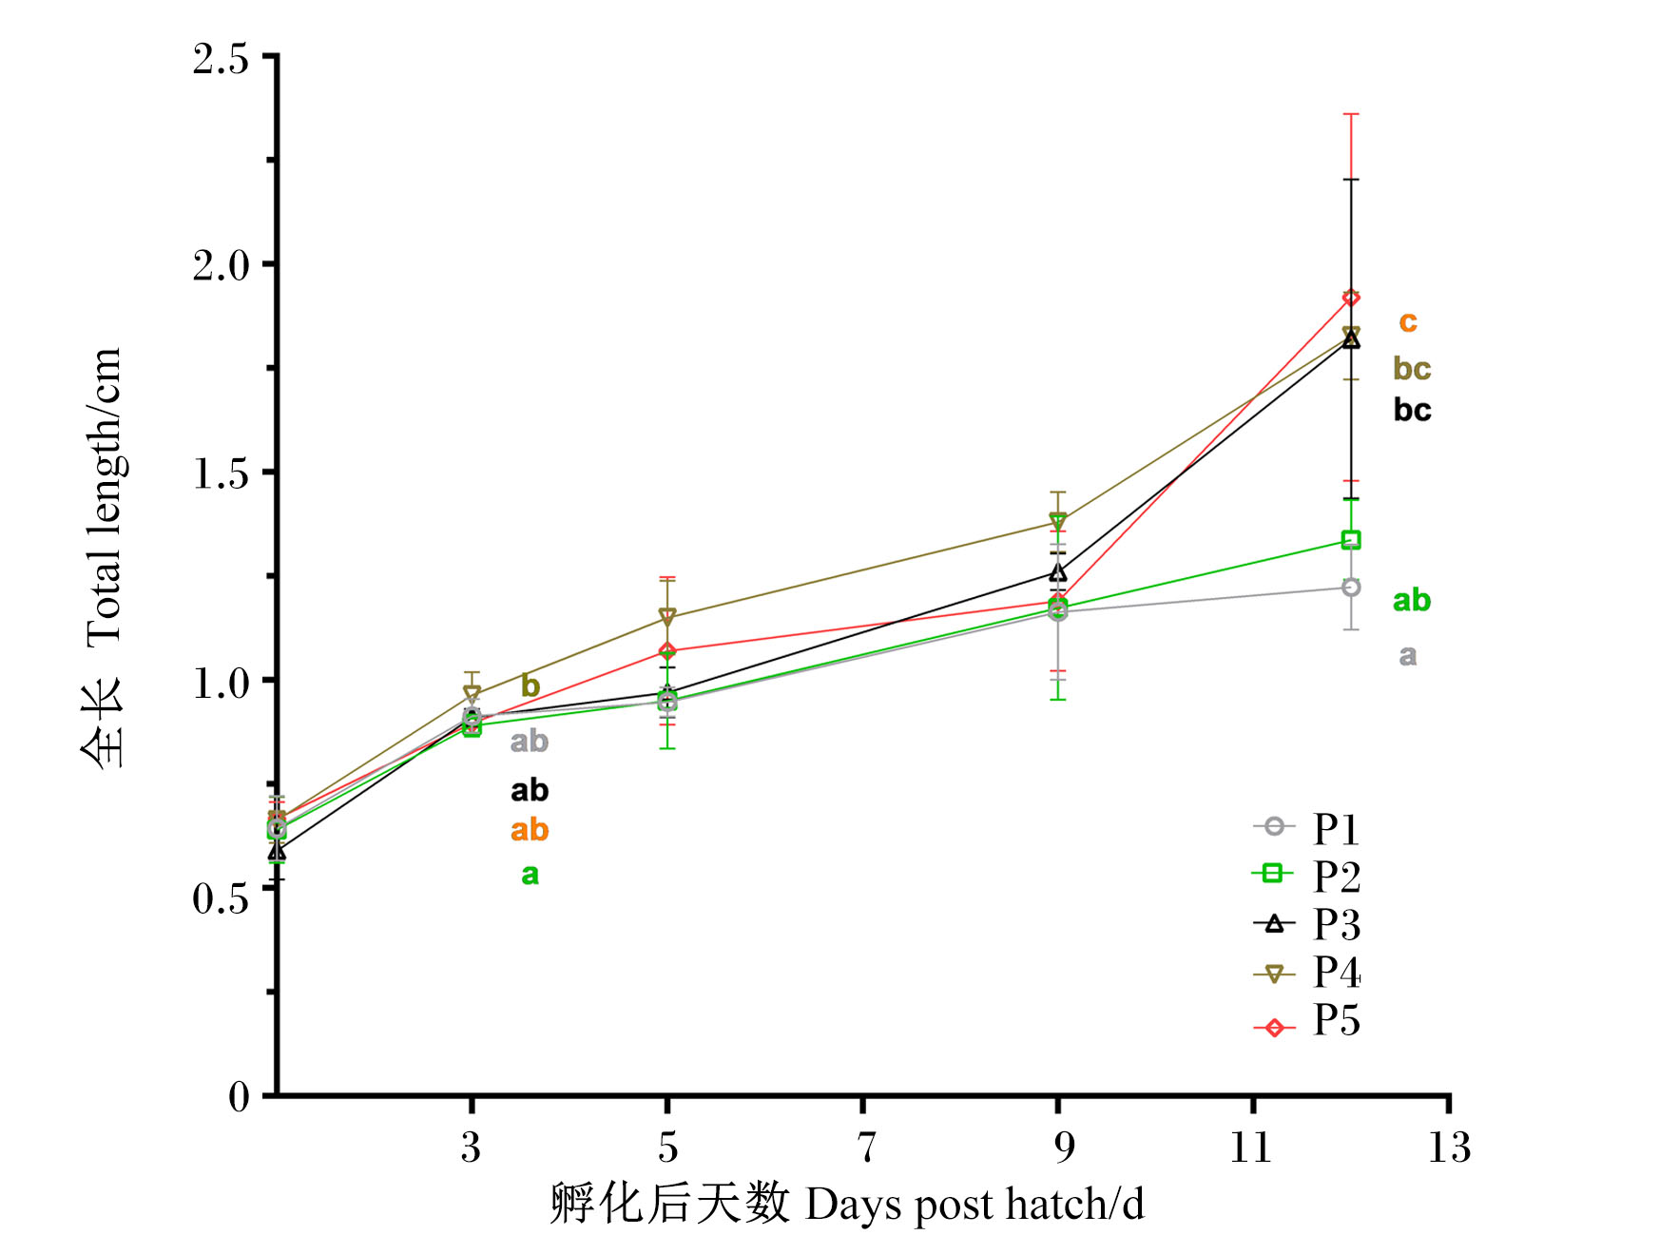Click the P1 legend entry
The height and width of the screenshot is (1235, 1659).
(1307, 828)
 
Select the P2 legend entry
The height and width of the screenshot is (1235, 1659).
(1307, 876)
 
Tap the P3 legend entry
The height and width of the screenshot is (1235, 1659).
(1307, 923)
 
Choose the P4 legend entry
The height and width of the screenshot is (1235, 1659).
(1307, 972)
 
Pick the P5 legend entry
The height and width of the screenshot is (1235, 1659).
(1307, 1020)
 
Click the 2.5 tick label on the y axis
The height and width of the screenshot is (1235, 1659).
(221, 58)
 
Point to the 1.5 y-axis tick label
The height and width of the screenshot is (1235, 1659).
(221, 473)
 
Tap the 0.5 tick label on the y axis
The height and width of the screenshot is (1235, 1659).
(221, 897)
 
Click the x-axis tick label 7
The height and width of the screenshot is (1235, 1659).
(864, 1147)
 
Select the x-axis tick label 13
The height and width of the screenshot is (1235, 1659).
(1449, 1147)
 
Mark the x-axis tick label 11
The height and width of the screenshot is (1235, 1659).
(1251, 1147)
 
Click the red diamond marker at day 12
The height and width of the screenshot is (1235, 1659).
(1351, 298)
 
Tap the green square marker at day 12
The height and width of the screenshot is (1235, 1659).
(1351, 540)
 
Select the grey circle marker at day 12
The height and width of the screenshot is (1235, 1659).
(1351, 588)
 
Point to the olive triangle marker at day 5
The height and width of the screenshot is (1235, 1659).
(667, 617)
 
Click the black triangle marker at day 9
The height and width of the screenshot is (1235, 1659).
(1058, 572)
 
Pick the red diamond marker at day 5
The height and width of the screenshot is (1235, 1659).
(667, 651)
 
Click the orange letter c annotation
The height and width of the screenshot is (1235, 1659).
(1408, 323)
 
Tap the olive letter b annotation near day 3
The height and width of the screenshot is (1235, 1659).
(530, 685)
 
